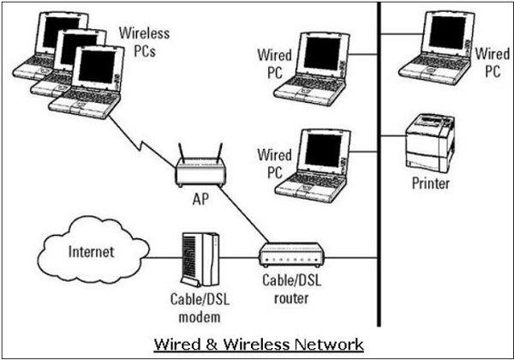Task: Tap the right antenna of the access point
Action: click(x=218, y=153)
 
